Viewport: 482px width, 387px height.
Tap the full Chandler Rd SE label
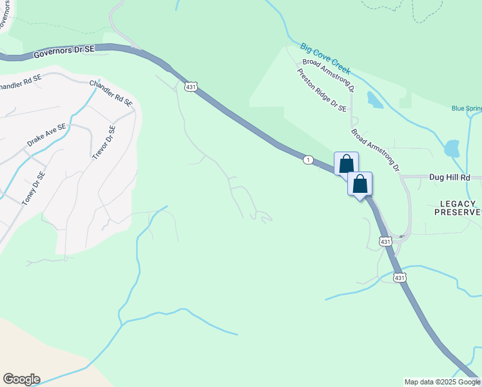point(111,93)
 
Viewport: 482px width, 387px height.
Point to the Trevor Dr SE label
point(103,143)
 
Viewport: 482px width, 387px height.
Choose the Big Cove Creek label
point(325,58)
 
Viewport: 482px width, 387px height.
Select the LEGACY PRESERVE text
point(460,208)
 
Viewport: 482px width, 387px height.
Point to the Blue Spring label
point(467,108)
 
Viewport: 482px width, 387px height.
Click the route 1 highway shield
point(309,159)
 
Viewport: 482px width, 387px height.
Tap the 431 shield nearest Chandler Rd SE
point(190,86)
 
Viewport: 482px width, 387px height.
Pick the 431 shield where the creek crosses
point(400,278)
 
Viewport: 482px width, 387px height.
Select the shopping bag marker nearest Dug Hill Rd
point(360,184)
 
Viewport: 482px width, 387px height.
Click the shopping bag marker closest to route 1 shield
point(346,164)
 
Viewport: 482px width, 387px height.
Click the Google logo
point(21,379)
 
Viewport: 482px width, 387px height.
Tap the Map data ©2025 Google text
point(443,382)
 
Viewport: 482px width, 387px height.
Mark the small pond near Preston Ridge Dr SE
point(374,99)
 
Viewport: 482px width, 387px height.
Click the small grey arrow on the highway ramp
point(401,236)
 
